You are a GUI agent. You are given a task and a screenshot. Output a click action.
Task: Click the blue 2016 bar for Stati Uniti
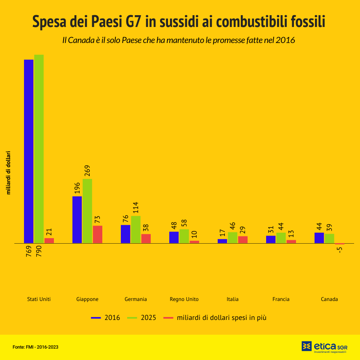[29, 151]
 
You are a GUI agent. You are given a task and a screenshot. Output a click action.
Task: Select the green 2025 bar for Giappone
[87, 211]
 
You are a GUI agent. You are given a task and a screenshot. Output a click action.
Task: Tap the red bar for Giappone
[98, 234]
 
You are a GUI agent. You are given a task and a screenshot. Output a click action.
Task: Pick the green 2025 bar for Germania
[136, 229]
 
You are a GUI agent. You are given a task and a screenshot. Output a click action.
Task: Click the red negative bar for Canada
[340, 244]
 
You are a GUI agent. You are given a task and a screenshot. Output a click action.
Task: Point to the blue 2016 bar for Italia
[222, 241]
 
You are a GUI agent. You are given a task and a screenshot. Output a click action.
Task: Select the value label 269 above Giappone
[88, 171]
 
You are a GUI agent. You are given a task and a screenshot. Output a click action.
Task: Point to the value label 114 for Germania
[136, 208]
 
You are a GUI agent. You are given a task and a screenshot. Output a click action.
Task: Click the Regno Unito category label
[184, 299]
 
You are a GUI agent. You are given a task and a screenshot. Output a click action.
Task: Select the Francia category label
[281, 299]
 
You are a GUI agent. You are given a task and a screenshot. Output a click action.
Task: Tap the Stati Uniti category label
[39, 299]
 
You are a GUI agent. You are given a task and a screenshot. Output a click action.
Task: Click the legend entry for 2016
[106, 317]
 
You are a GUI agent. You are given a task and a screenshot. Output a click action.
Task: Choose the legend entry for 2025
[142, 317]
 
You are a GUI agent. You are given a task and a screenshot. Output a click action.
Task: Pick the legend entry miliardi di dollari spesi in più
[215, 317]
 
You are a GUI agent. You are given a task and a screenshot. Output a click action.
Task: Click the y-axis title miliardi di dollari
[8, 173]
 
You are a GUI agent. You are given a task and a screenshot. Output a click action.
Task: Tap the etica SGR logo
[324, 347]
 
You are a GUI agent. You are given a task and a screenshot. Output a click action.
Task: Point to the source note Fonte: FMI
[35, 347]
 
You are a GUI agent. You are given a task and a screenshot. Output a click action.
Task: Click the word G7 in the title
[131, 21]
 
